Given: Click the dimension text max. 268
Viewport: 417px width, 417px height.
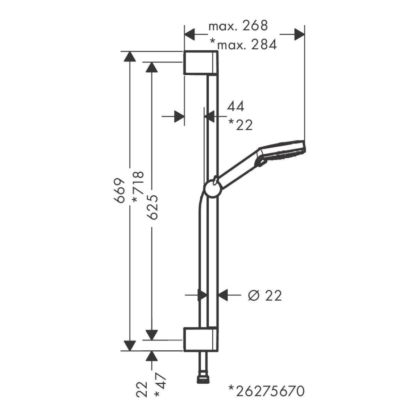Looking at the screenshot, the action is [238, 26].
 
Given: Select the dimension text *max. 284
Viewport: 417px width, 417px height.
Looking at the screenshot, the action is [244, 45].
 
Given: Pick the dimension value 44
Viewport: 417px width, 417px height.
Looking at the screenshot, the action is [236, 106].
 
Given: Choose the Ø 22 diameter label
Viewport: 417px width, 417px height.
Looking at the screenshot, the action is [265, 295].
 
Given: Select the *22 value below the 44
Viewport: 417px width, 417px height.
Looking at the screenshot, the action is [240, 125].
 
